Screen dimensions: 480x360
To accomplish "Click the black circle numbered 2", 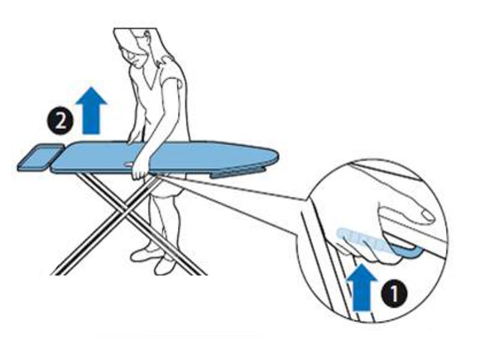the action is (60, 122).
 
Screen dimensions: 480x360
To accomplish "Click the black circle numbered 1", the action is (394, 293).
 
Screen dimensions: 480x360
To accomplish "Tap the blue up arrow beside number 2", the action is (91, 110).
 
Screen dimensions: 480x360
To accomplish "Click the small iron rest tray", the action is (40, 157).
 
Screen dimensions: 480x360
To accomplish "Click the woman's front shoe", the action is (166, 266).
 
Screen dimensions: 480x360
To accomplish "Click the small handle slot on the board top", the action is (128, 164).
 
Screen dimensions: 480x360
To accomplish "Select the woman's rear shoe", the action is (144, 253).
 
